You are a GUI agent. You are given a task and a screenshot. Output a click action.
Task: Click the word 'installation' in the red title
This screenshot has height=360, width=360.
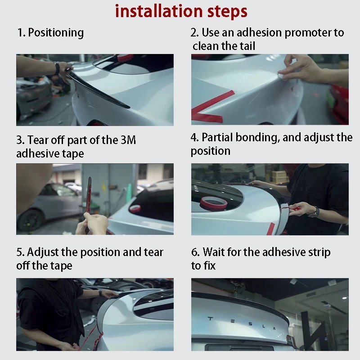click(x=159, y=11)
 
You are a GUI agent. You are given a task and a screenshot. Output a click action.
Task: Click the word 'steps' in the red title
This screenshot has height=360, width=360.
click(x=227, y=12)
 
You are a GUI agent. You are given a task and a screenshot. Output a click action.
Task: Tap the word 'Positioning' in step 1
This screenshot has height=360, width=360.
click(x=56, y=32)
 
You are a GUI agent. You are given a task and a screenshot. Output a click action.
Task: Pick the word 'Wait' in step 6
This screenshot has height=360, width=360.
click(x=213, y=252)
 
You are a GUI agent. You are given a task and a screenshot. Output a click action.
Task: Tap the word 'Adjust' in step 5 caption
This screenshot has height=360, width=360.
click(x=43, y=252)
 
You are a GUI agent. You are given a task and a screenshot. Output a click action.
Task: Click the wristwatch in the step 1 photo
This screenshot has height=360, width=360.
click(x=57, y=68)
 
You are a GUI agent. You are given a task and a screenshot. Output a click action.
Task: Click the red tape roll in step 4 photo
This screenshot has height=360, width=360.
click(x=213, y=203)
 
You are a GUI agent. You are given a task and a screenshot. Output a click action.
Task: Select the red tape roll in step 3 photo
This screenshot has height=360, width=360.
click(x=135, y=208)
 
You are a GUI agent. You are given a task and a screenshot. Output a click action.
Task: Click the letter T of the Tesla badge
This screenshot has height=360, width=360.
click(x=210, y=319)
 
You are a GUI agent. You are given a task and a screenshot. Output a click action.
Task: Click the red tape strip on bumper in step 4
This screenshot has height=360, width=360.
click(x=271, y=229)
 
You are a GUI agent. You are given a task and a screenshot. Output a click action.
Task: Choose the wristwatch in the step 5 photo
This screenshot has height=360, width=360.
click(x=100, y=293)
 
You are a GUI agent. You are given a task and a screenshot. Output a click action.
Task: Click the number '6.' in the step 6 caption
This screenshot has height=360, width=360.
click(x=195, y=252)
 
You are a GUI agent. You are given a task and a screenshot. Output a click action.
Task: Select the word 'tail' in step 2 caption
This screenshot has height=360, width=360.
click(x=247, y=46)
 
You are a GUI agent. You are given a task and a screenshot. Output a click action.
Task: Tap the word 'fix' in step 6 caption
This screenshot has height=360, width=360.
click(x=209, y=265)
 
